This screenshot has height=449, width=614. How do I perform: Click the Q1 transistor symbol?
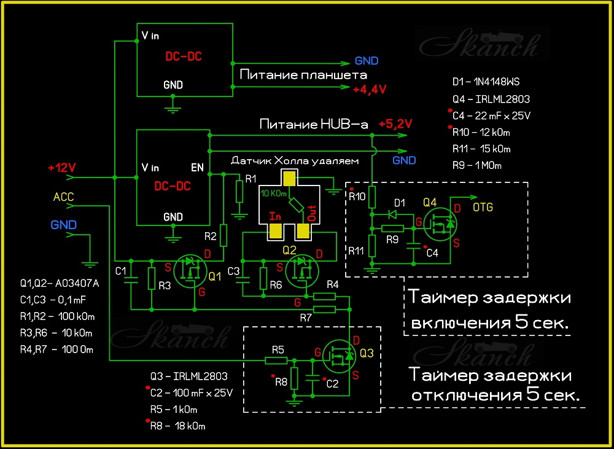[190, 271]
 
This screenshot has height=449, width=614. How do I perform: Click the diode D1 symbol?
[393, 215]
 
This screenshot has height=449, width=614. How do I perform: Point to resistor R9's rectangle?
[393, 228]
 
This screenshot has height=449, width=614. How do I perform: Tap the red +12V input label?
[61, 167]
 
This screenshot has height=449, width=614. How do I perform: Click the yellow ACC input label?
[64, 197]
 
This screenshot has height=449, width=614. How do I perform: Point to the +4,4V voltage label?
[370, 90]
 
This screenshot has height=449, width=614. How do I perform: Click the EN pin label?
[198, 166]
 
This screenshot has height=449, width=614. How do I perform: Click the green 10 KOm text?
[274, 193]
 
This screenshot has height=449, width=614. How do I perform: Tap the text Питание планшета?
[303, 75]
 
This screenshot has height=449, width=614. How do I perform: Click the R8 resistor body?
[295, 379]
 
